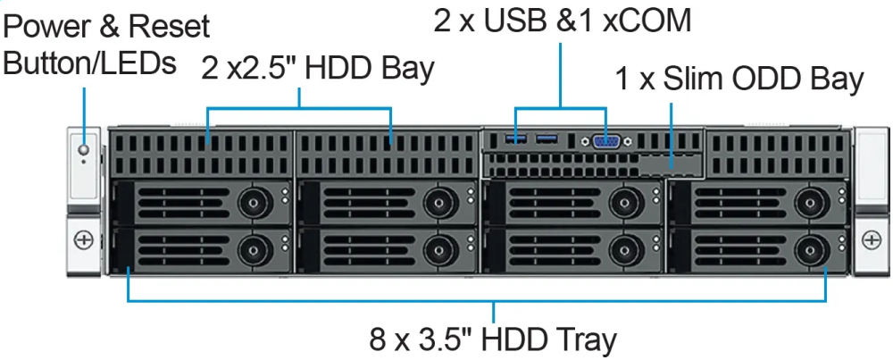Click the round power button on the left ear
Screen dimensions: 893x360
pos(85,150)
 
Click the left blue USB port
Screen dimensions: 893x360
pos(519,138)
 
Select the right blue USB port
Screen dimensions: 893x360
pos(547,138)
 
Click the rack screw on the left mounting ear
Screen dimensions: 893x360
pos(84,239)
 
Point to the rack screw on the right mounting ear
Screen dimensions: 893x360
pos(872,239)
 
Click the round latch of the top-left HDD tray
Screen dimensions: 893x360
pos(251,200)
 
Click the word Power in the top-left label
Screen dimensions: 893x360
pos(51,28)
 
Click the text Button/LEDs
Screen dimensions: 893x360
pos(90,63)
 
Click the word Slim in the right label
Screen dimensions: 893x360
pos(695,80)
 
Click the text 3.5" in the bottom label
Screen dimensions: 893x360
pos(447,340)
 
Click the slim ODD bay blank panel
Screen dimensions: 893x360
pos(671,166)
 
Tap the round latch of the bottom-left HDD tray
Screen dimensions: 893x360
pos(251,248)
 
